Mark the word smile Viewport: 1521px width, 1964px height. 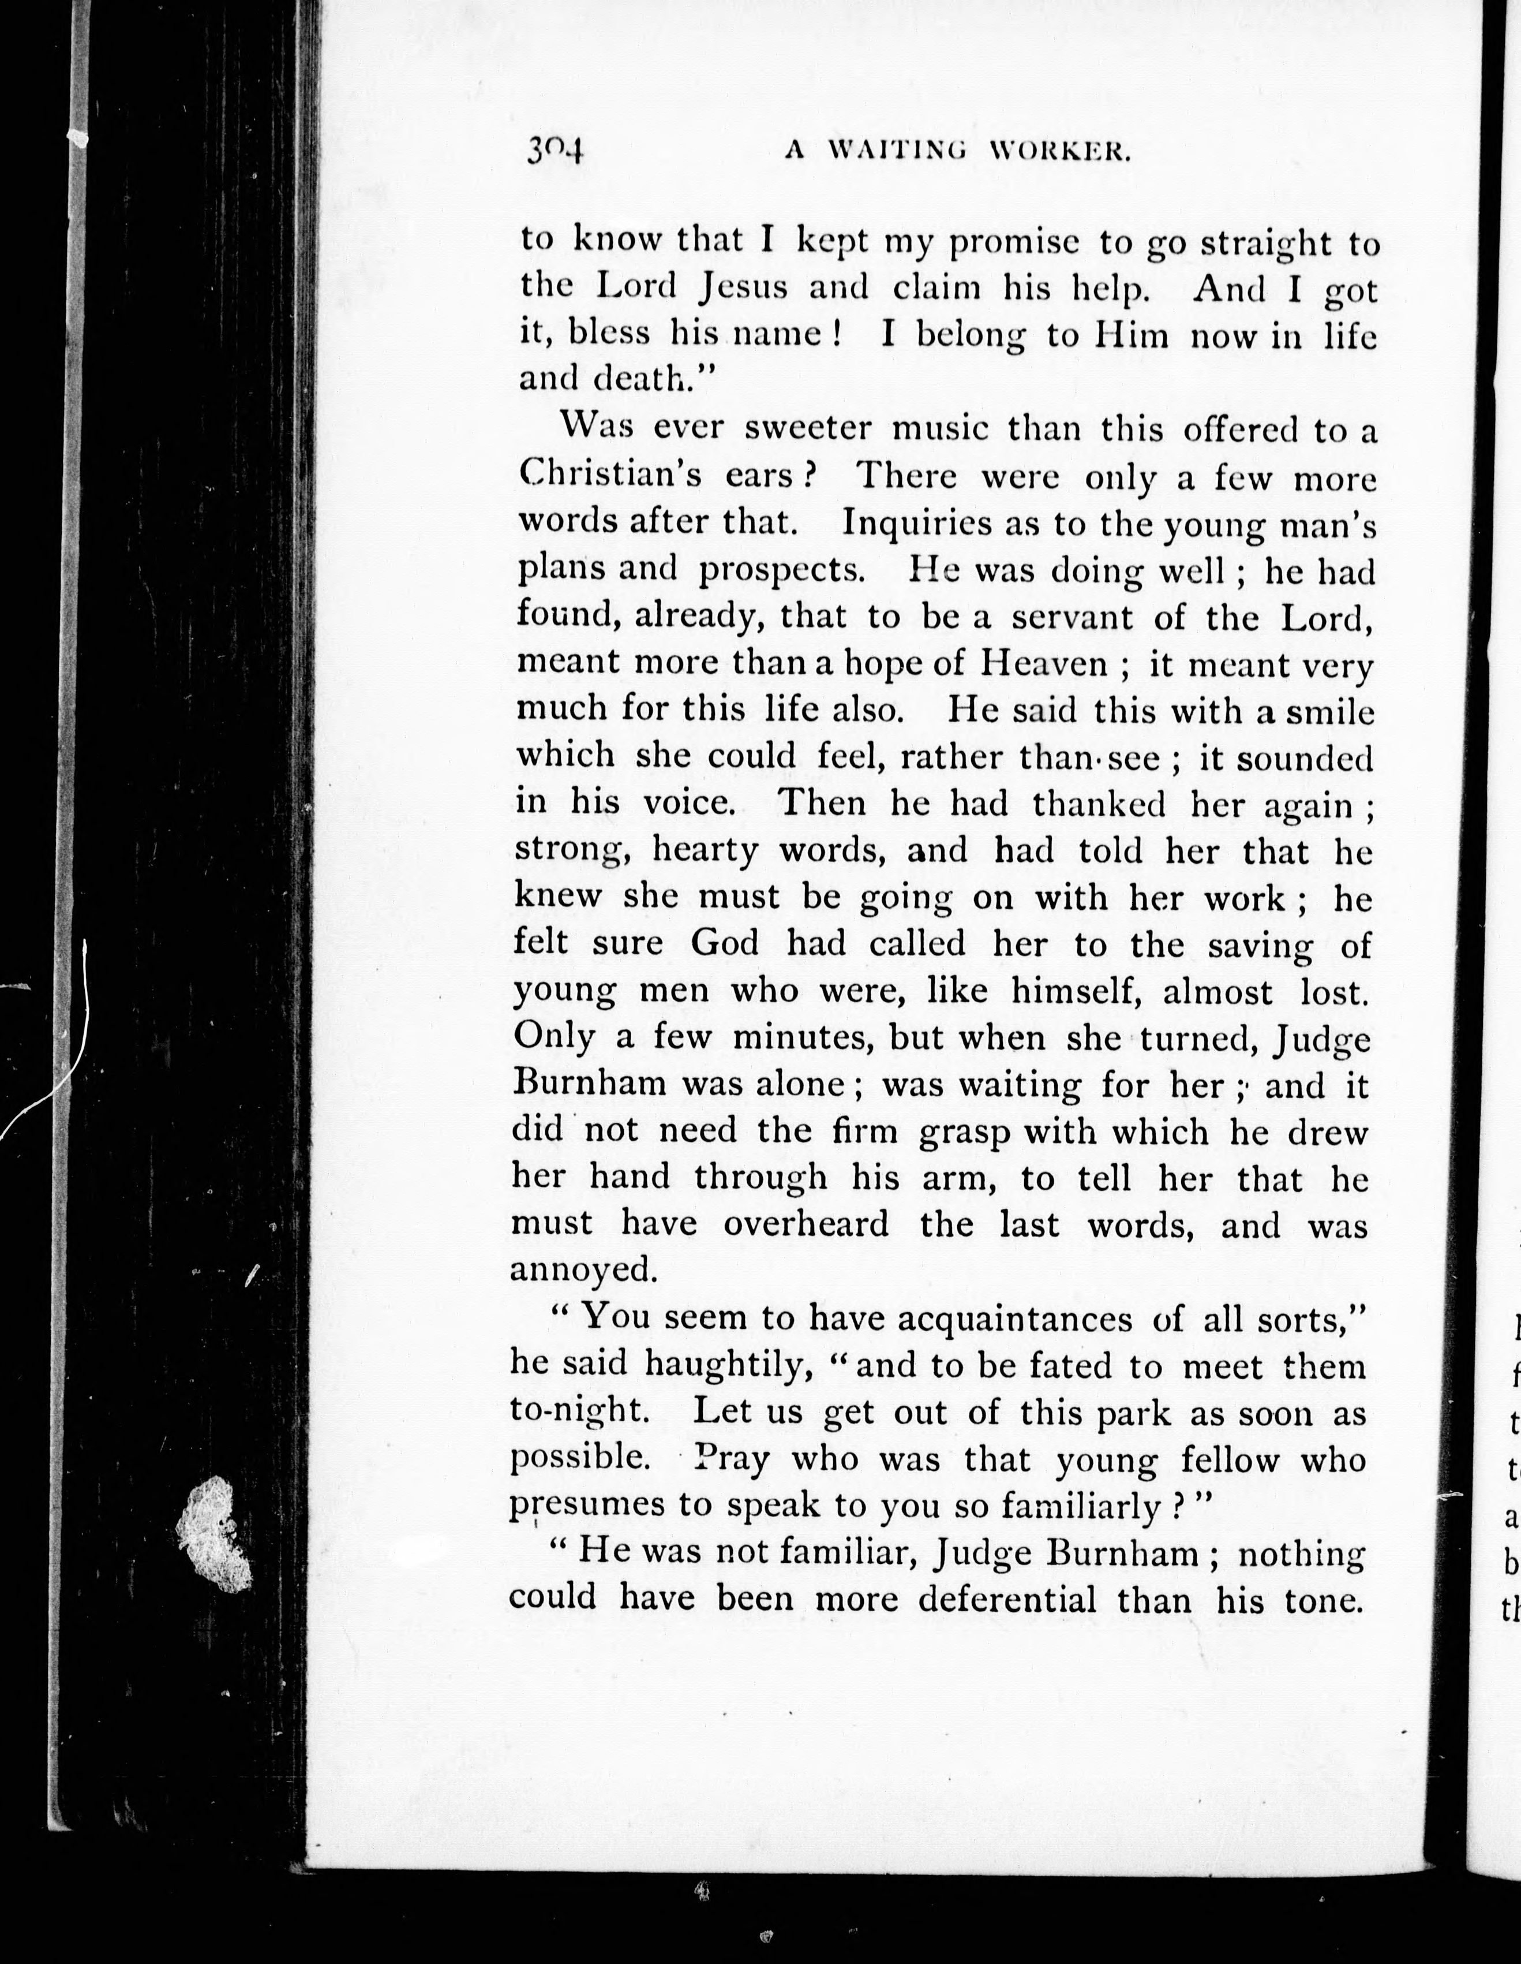pos(1326,711)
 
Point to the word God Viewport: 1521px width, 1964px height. pos(725,942)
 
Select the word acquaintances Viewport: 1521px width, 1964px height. pos(1015,1319)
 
